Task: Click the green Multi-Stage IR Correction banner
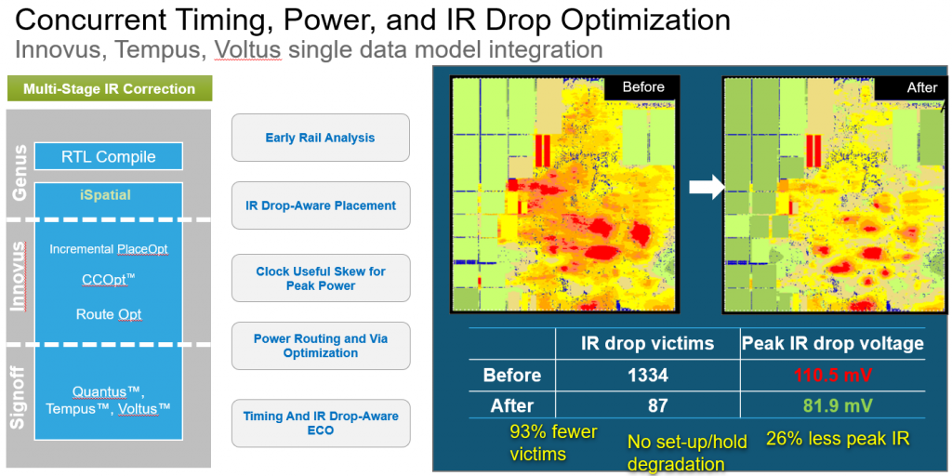(x=110, y=89)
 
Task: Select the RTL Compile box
(x=109, y=156)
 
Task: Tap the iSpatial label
(x=106, y=195)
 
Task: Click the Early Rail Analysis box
(x=320, y=138)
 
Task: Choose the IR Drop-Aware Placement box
(x=320, y=205)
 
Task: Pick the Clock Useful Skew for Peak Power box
(x=320, y=278)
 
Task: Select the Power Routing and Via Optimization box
(x=320, y=346)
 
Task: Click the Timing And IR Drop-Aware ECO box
(x=320, y=423)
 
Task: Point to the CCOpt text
(x=107, y=279)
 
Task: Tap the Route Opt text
(x=109, y=314)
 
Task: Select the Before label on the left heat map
(x=643, y=87)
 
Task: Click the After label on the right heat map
(x=921, y=87)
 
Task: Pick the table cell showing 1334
(x=647, y=376)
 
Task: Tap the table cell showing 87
(x=647, y=406)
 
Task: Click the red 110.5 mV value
(x=832, y=376)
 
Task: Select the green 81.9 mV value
(x=832, y=406)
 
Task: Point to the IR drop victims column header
(x=647, y=343)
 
